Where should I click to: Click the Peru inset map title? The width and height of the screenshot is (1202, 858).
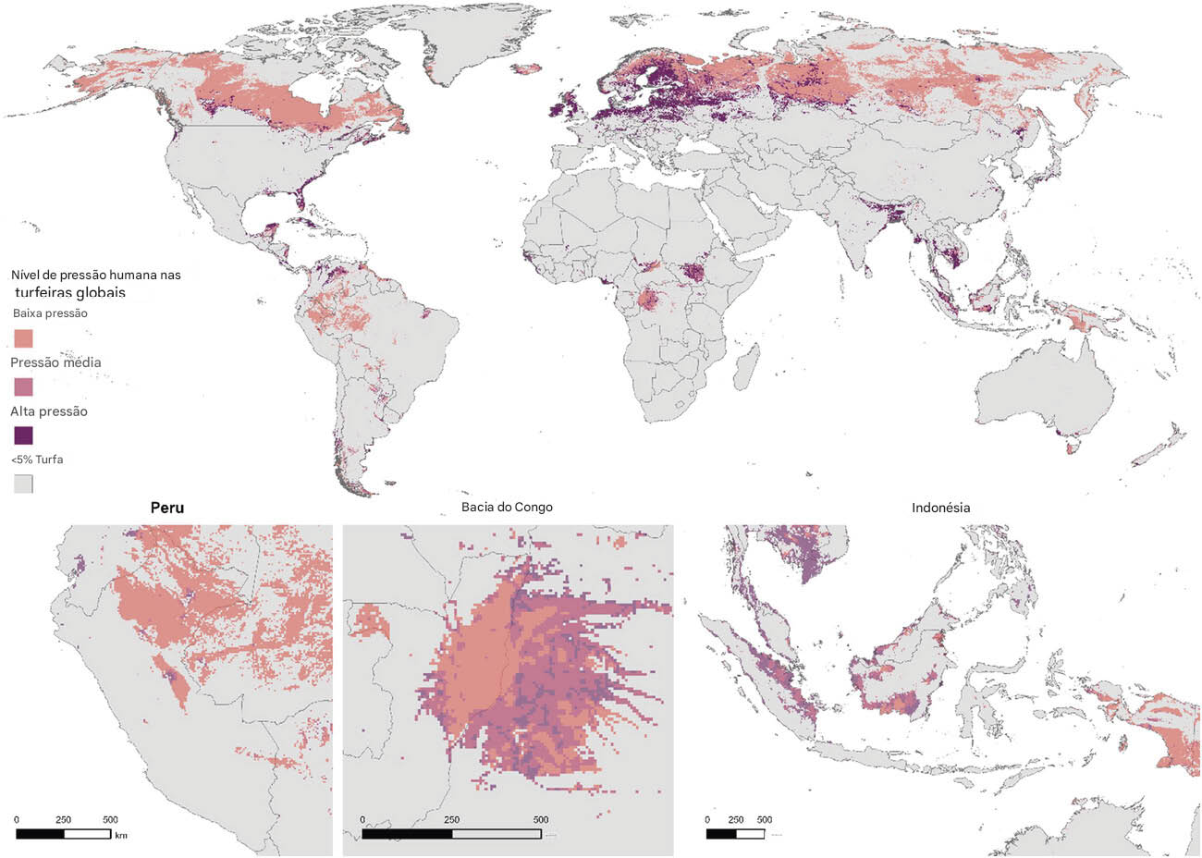(x=166, y=508)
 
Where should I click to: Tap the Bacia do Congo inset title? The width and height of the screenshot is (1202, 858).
(x=507, y=508)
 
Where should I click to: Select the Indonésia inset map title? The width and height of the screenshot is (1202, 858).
(x=940, y=508)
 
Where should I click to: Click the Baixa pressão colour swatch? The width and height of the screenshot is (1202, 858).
(x=23, y=337)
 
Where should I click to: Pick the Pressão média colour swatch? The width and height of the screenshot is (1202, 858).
(x=23, y=386)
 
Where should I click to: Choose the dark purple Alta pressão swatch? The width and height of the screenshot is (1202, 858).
(x=23, y=435)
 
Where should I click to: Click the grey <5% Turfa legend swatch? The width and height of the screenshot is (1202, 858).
(x=23, y=484)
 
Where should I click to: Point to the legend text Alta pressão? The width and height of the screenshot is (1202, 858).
(x=49, y=411)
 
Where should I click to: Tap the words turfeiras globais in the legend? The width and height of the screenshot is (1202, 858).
(x=70, y=292)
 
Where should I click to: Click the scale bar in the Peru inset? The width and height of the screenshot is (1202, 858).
(x=63, y=834)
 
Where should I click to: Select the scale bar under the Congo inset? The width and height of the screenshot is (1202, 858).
(x=451, y=834)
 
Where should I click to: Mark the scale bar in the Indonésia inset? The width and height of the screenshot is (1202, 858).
(x=735, y=834)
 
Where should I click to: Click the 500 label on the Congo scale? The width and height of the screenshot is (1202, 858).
(x=541, y=820)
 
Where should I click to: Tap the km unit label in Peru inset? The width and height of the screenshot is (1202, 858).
(x=120, y=835)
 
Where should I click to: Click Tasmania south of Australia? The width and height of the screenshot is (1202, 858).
(x=1073, y=449)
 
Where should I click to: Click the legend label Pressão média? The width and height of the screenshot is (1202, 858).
(x=55, y=362)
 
